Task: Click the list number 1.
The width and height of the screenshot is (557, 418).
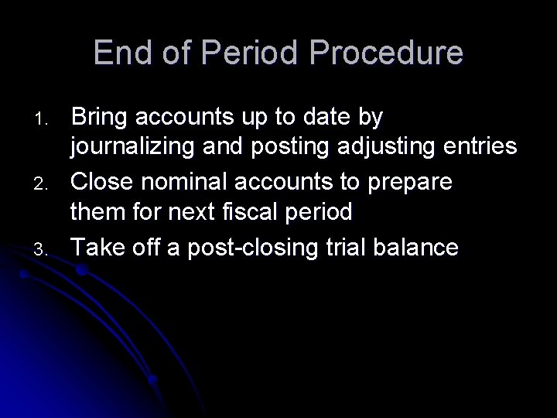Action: [42, 119]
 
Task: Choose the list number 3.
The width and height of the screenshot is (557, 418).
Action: [42, 249]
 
